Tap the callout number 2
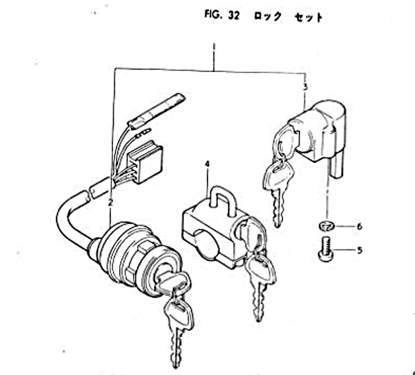point(110,203)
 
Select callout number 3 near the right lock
point(306,87)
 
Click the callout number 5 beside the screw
point(359,251)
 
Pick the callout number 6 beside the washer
point(359,227)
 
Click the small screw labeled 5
point(326,249)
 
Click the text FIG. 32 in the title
point(222,15)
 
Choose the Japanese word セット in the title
point(309,18)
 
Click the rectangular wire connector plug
point(145,162)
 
